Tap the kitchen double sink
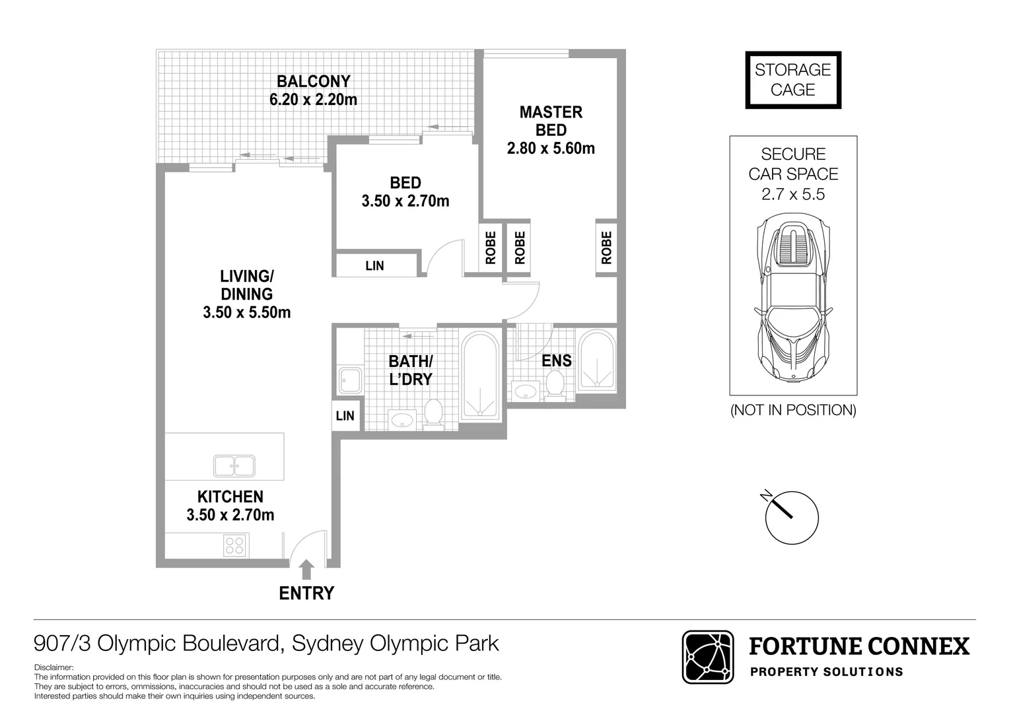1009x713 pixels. (x=234, y=465)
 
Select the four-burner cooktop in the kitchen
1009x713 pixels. (x=234, y=546)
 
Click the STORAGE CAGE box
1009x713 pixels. (x=793, y=80)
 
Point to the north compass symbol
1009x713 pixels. (x=791, y=517)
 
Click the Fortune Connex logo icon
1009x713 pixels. (x=708, y=657)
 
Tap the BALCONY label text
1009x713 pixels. (x=313, y=81)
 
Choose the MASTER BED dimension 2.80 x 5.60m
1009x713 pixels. (x=551, y=149)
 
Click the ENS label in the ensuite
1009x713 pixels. (x=557, y=360)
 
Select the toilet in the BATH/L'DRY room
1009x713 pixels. (x=433, y=413)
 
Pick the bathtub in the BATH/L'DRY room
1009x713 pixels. (x=479, y=376)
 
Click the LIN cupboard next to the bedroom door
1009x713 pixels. (x=375, y=265)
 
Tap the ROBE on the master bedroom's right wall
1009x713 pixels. (x=607, y=248)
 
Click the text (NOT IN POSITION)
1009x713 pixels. (x=793, y=410)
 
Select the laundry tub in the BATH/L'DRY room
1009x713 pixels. (x=349, y=380)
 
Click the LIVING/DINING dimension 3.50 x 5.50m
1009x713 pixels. (x=247, y=312)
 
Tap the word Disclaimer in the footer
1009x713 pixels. (x=54, y=668)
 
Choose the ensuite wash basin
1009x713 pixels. (x=526, y=391)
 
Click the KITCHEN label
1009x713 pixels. (x=230, y=496)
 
